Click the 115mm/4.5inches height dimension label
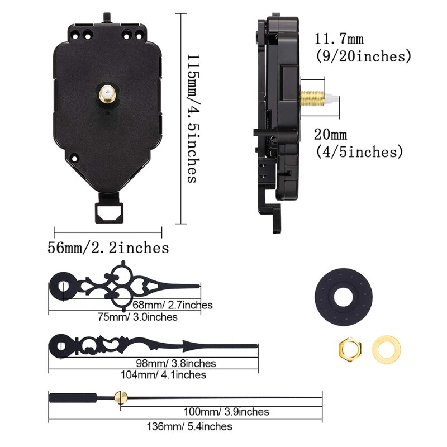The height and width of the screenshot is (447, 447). tap(192, 118)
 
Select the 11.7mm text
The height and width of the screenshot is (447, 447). tap(339, 40)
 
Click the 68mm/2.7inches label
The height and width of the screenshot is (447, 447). tap(173, 305)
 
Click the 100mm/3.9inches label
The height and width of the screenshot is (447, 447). tap(226, 412)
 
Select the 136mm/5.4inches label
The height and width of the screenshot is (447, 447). tap(190, 426)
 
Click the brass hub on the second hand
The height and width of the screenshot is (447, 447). tap(118, 397)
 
